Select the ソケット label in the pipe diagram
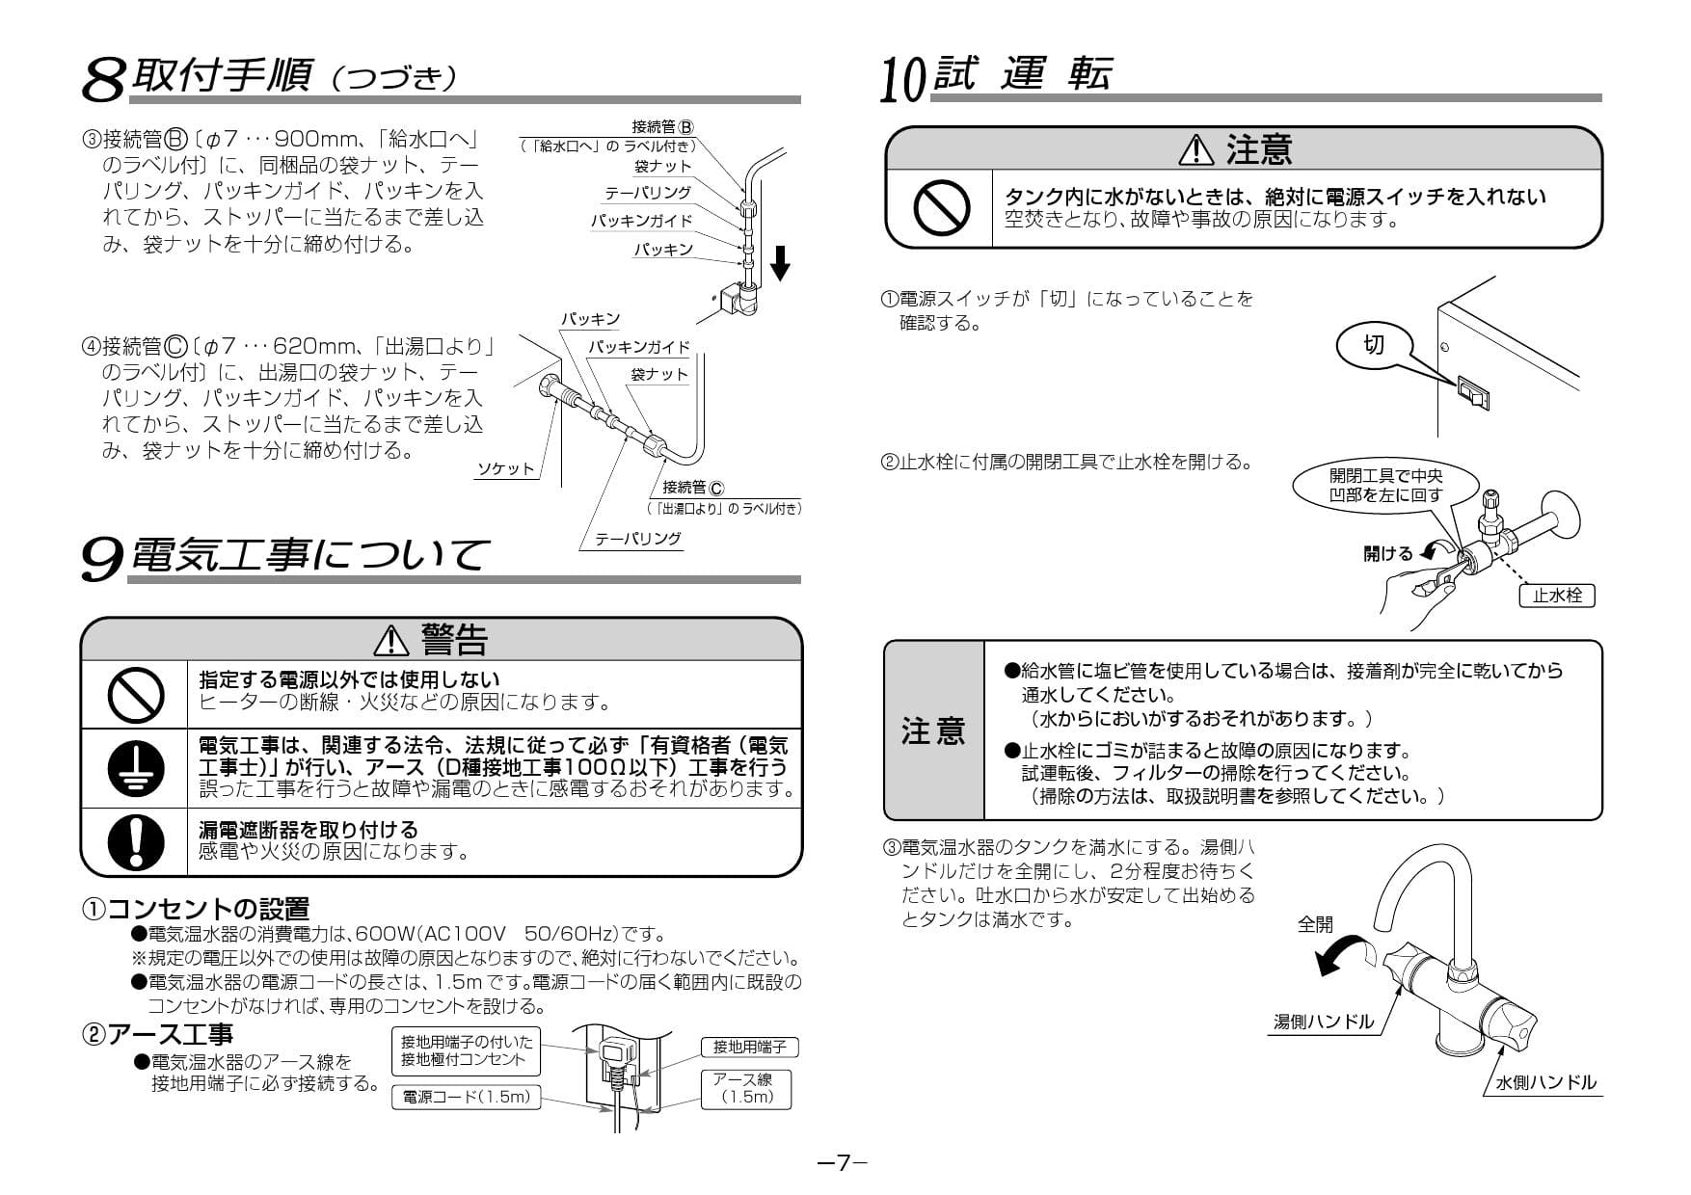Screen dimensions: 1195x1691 tap(505, 469)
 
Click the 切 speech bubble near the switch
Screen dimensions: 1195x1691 tap(1373, 345)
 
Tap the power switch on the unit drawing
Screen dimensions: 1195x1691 tap(1474, 392)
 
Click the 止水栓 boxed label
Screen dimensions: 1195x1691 tap(1557, 596)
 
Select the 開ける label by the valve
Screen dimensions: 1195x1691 tap(1387, 553)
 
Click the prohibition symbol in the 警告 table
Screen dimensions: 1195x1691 tap(135, 695)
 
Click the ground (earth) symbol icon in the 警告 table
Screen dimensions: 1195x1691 tap(135, 768)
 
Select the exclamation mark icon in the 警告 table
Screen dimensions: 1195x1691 tap(135, 841)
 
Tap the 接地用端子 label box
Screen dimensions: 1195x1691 tap(749, 1047)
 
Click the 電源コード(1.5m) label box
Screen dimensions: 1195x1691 tap(467, 1097)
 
